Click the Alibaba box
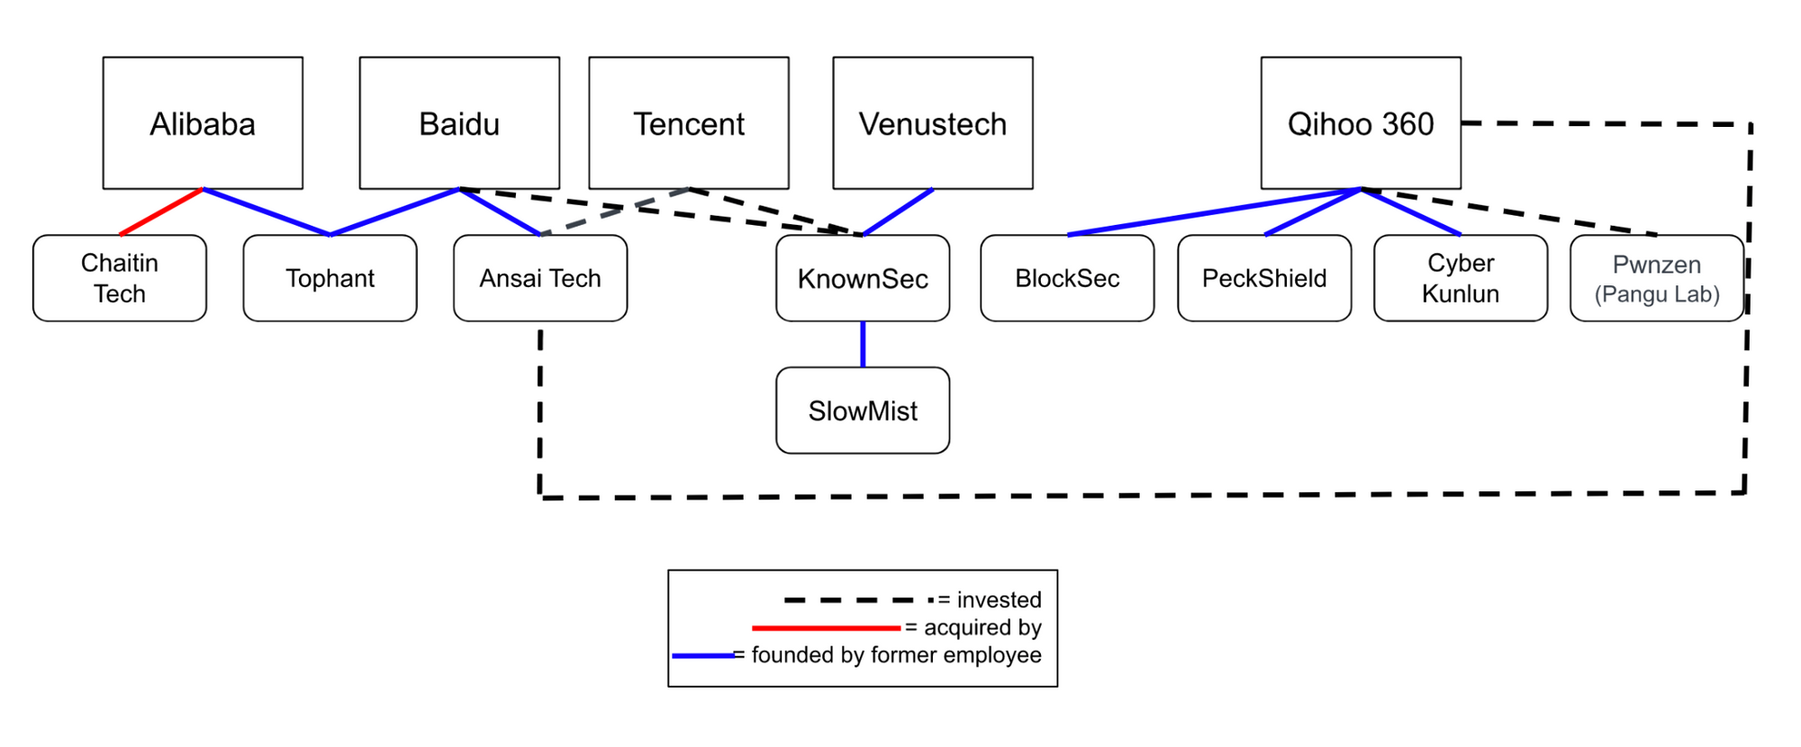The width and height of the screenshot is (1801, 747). pyautogui.click(x=203, y=123)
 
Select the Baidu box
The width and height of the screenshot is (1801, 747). pyautogui.click(x=459, y=123)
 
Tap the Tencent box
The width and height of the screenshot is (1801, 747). pyautogui.click(x=689, y=123)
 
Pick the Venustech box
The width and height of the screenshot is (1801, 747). pyautogui.click(x=933, y=123)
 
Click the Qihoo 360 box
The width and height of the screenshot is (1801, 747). pyautogui.click(x=1361, y=123)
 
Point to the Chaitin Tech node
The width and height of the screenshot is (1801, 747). pyautogui.click(x=120, y=278)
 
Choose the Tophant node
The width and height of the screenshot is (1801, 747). pyautogui.click(x=330, y=278)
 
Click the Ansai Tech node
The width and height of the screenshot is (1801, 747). pyautogui.click(x=540, y=278)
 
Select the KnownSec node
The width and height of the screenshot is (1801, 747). pyautogui.click(x=863, y=278)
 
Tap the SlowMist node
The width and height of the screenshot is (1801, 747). pyautogui.click(x=863, y=410)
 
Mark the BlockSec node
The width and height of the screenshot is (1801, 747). pyautogui.click(x=1067, y=278)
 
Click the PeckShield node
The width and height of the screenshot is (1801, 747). pyautogui.click(x=1264, y=278)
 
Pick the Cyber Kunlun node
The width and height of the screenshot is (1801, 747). pyautogui.click(x=1461, y=278)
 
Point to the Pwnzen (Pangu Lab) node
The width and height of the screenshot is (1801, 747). pyautogui.click(x=1657, y=278)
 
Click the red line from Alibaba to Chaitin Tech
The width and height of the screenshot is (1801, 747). pyautogui.click(x=162, y=211)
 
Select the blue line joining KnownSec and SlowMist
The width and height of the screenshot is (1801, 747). pyautogui.click(x=863, y=344)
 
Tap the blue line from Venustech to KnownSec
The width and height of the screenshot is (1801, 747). pyautogui.click(x=898, y=212)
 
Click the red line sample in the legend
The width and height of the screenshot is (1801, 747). pyautogui.click(x=826, y=627)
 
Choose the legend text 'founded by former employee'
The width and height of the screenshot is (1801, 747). pyautogui.click(x=896, y=655)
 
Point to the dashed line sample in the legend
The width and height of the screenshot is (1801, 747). pyautogui.click(x=855, y=599)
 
